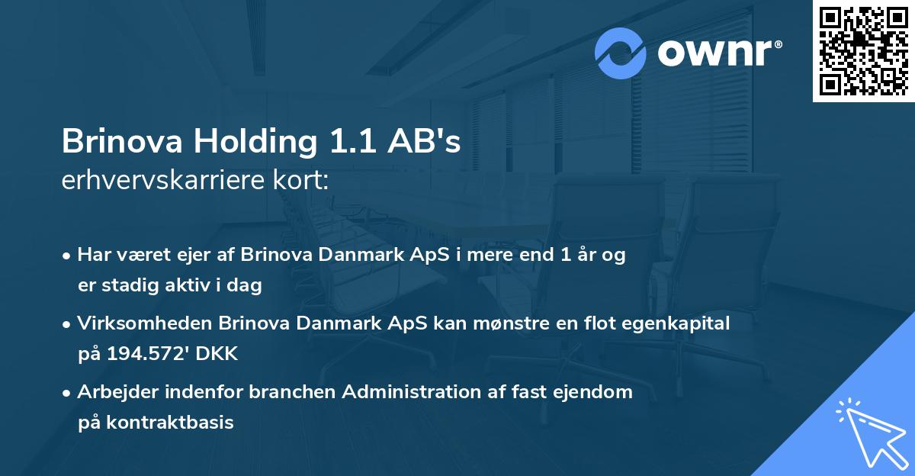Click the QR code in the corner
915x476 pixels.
863,51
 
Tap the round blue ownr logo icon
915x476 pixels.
621,53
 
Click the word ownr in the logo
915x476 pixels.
720,53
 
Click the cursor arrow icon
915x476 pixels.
871,434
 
